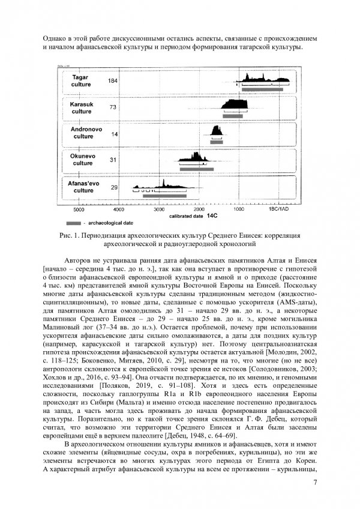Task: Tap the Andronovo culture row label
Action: coord(83,133)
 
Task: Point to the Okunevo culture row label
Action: coord(82,159)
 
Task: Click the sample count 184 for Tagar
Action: coord(112,81)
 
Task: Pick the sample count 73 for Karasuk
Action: coord(112,107)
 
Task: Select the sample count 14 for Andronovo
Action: coord(114,134)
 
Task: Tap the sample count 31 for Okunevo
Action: coord(113,160)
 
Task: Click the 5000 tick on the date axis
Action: coord(78,210)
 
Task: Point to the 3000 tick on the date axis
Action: coord(158,210)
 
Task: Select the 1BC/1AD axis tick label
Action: coord(279,210)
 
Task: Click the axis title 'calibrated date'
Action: coord(185,215)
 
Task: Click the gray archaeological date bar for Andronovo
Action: coord(217,143)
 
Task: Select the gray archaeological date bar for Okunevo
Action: coord(196,169)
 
